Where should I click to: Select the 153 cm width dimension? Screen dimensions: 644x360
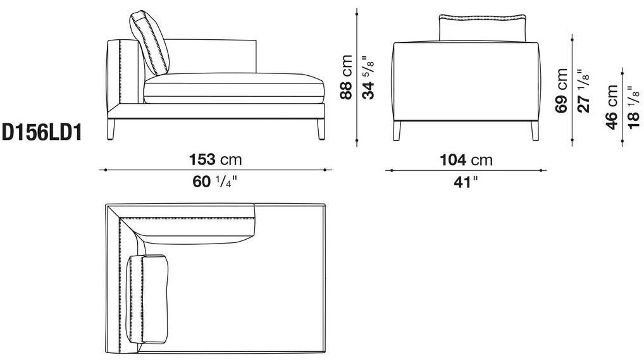coord(215,159)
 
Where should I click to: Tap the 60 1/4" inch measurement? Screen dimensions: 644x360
coord(215,181)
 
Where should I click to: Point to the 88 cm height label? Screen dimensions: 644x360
coord(346,77)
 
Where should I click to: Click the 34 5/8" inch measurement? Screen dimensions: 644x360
coord(368,78)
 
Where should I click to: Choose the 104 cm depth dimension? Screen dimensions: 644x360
coord(466,159)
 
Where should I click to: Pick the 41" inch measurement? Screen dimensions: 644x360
coord(466,181)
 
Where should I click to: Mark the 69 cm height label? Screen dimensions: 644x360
coord(560,90)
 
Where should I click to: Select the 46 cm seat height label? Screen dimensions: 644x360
coord(612,107)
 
